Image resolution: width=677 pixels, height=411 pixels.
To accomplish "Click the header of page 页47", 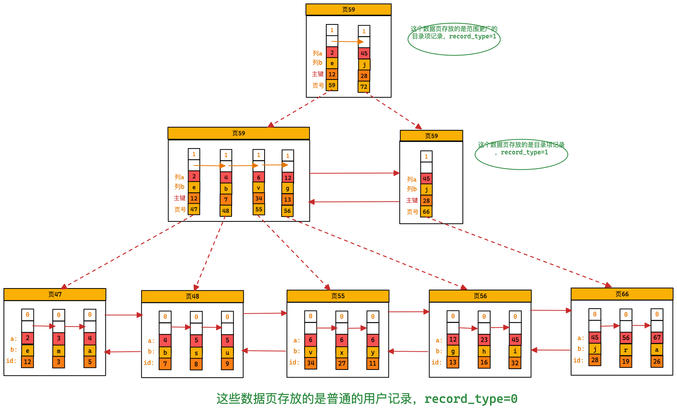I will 55,294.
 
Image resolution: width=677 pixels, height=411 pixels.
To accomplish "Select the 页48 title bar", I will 192,296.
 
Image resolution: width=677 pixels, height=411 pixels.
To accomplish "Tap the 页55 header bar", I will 338,296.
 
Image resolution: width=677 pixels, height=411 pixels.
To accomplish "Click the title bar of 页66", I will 622,294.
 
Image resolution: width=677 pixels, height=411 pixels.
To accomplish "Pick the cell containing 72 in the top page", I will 364,87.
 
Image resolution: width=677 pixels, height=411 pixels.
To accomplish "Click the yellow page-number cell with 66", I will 426,212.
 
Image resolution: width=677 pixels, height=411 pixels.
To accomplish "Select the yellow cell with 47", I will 194,209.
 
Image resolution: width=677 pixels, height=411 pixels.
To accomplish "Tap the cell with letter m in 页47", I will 59,351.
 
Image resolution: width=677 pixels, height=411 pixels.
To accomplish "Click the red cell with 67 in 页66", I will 656,337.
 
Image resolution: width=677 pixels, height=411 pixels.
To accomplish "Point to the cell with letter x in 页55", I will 341,352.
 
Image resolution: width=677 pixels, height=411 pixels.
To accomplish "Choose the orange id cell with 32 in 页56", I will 515,363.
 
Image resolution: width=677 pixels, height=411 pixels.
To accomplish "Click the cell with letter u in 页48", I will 227,353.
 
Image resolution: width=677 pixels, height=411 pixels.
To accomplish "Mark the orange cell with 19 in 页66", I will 625,361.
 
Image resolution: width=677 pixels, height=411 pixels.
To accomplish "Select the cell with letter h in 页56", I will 484,351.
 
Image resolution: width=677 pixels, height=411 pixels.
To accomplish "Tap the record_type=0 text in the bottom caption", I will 471,399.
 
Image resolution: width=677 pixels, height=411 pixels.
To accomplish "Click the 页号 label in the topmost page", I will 318,86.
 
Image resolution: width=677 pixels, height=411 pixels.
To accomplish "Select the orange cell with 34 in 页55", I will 310,363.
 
